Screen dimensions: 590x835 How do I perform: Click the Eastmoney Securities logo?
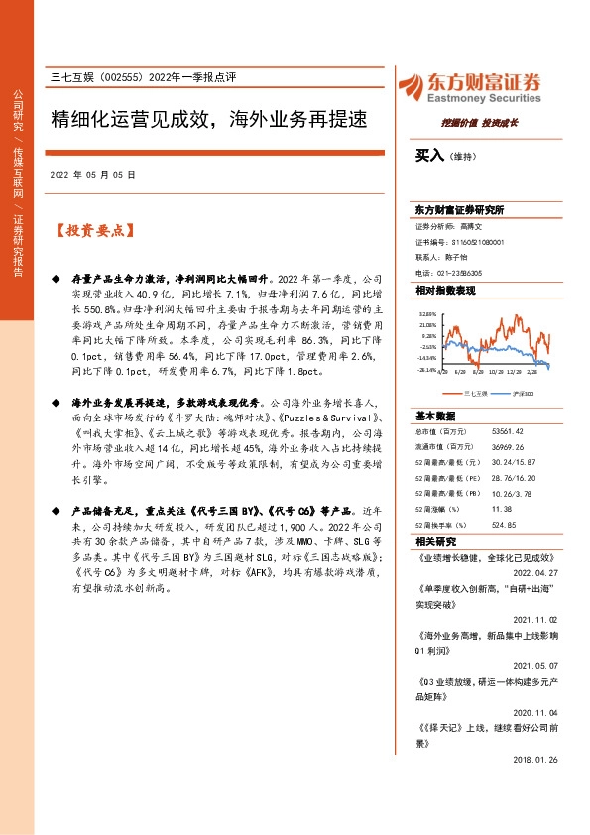click(469, 86)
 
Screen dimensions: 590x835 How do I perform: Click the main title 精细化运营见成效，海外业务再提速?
click(208, 121)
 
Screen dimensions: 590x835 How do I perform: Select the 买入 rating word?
click(428, 156)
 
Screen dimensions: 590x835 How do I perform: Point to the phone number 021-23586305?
click(456, 272)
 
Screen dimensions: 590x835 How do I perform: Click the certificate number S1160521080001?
click(475, 242)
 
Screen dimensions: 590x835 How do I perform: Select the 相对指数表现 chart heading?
click(445, 290)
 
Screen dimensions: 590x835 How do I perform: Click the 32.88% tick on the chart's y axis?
click(427, 314)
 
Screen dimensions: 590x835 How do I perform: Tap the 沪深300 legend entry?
click(522, 393)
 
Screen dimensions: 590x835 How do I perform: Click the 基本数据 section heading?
click(436, 415)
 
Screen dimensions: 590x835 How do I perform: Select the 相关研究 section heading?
click(436, 541)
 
